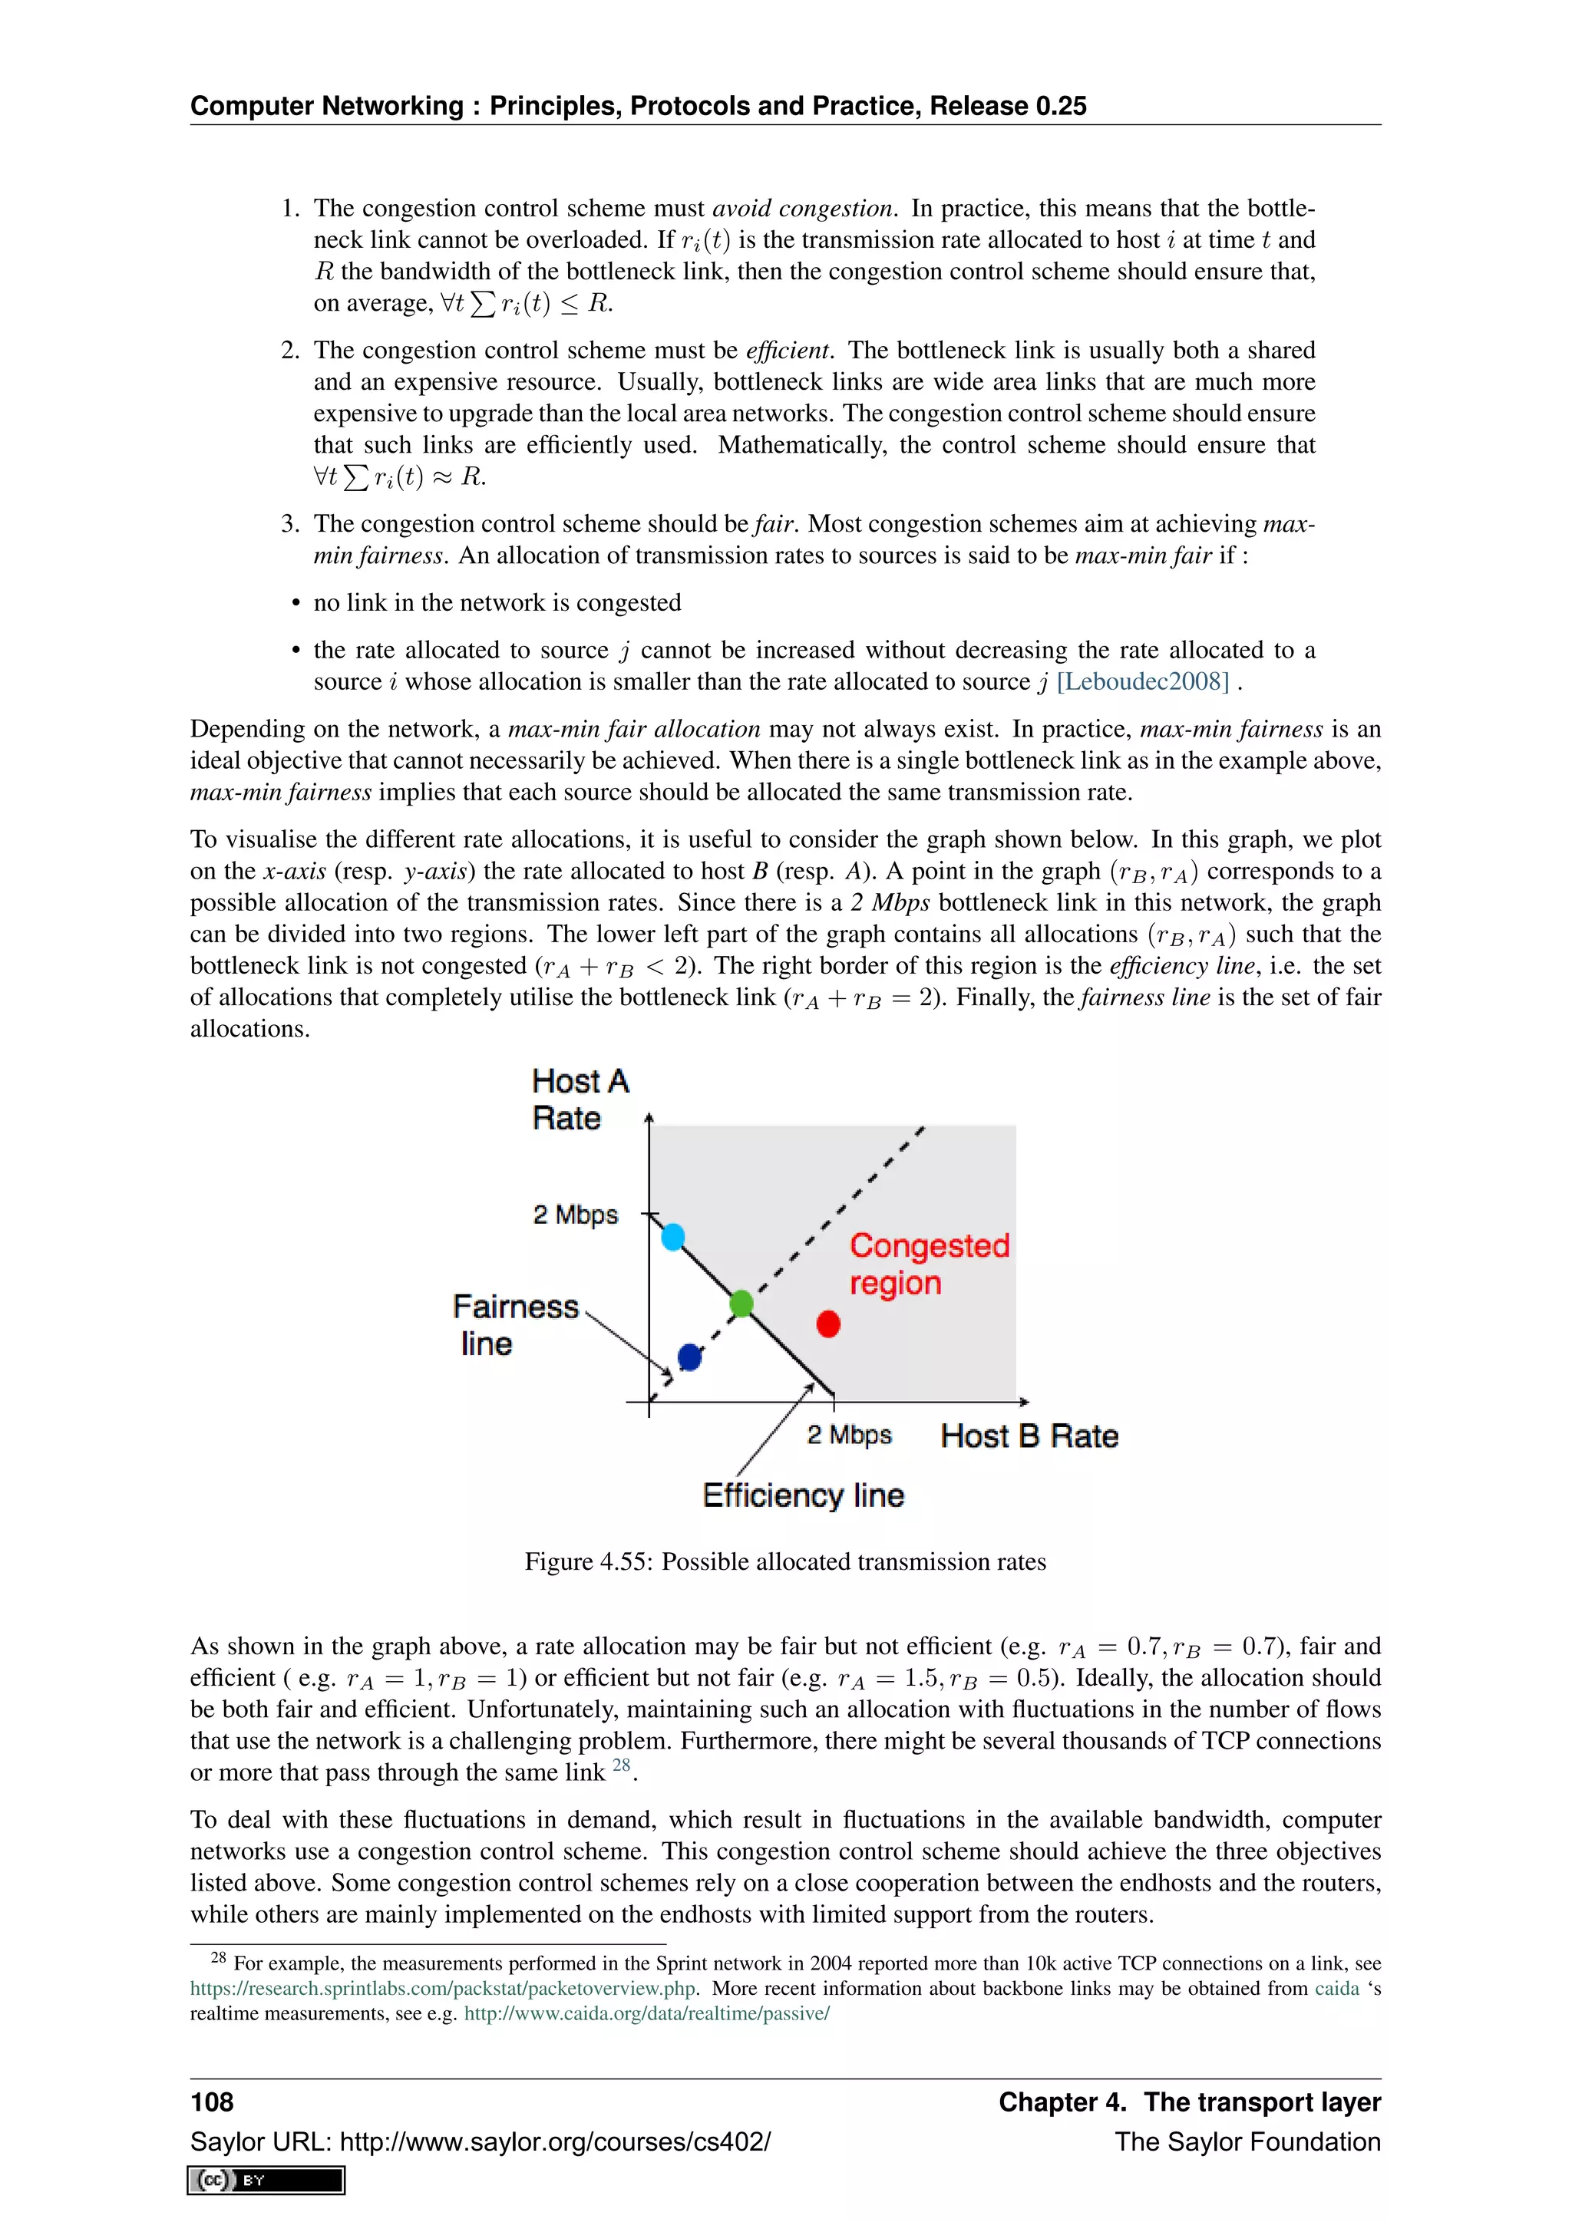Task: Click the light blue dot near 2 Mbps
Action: pyautogui.click(x=672, y=1236)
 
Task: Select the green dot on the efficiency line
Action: pyautogui.click(x=741, y=1303)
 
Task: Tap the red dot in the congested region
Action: pyautogui.click(x=828, y=1323)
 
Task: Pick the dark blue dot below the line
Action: pyautogui.click(x=689, y=1357)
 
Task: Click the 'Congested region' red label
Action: pyautogui.click(x=928, y=1263)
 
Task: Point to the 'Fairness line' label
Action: pyautogui.click(x=514, y=1324)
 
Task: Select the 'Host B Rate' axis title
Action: pyautogui.click(x=1029, y=1436)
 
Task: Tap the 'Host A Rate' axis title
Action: pyautogui.click(x=579, y=1099)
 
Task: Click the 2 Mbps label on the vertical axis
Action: pyautogui.click(x=575, y=1214)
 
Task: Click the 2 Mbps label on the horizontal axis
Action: pyautogui.click(x=849, y=1434)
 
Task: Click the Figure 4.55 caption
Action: pyautogui.click(x=785, y=1561)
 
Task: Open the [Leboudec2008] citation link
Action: pyautogui.click(x=1142, y=681)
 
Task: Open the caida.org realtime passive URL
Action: pyautogui.click(x=646, y=2014)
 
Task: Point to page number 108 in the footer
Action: pyautogui.click(x=212, y=2102)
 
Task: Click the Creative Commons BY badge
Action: pyautogui.click(x=266, y=2181)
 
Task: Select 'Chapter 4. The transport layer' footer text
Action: pyautogui.click(x=1189, y=2102)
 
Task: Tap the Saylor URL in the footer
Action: pyautogui.click(x=480, y=2141)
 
